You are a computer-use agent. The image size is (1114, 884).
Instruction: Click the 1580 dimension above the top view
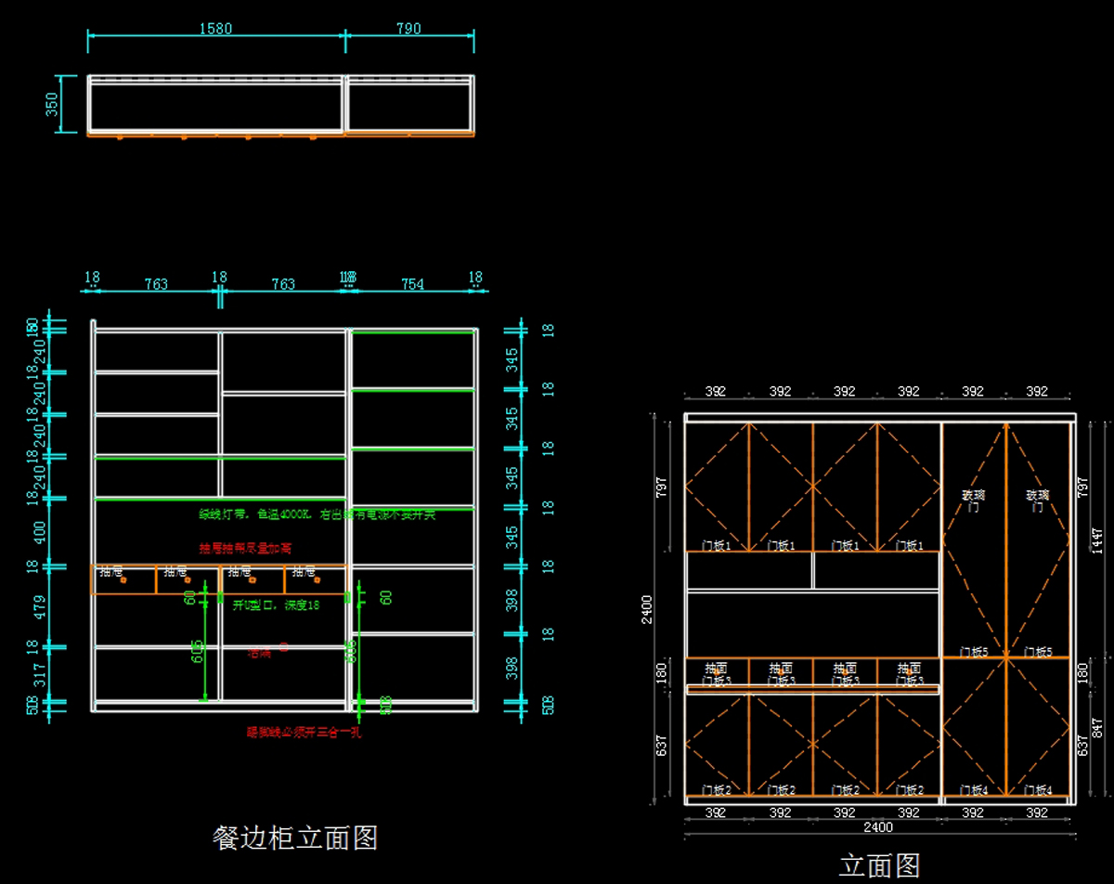(215, 29)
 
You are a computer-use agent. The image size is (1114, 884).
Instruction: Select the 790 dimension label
(408, 29)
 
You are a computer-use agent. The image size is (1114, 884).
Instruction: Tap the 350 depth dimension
(53, 104)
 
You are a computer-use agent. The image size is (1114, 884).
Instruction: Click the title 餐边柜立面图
(295, 838)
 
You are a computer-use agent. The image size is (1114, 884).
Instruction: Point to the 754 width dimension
(412, 284)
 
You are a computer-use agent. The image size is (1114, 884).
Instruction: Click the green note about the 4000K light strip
(317, 513)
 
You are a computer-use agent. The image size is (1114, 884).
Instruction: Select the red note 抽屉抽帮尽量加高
(245, 548)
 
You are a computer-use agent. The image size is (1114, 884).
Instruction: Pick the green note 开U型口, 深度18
(276, 605)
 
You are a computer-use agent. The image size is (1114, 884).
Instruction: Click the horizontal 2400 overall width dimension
(877, 827)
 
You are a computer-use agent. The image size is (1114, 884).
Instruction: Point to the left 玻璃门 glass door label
(973, 501)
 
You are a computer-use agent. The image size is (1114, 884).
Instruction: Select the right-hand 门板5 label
(1037, 652)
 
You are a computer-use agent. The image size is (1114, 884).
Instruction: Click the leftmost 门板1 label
(716, 546)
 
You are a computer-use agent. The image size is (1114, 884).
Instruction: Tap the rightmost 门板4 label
(1037, 790)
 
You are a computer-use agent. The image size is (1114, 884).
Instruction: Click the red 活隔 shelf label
(260, 653)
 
